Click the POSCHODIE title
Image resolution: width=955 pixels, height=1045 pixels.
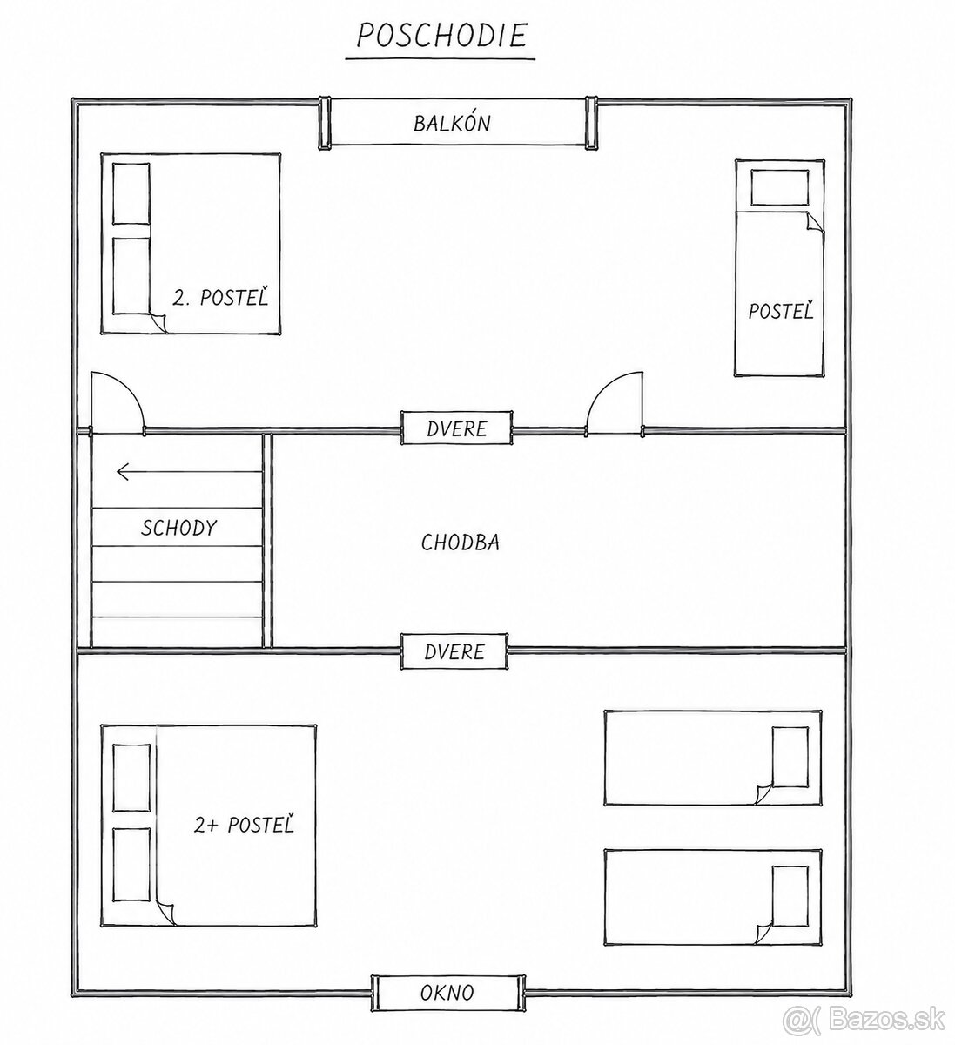441,36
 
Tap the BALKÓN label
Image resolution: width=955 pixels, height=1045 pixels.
452,124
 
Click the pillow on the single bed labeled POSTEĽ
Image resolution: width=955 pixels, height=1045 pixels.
779,187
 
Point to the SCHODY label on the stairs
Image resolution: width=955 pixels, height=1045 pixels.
178,528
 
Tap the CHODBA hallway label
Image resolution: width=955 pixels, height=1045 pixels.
460,543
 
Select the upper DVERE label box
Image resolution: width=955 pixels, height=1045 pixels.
456,428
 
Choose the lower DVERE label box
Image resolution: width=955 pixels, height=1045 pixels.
454,651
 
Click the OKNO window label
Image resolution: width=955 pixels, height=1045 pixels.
447,993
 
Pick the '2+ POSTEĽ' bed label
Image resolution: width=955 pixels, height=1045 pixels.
244,825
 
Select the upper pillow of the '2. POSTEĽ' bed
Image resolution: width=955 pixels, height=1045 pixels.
131,193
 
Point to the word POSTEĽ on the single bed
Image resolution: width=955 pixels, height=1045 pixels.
781,311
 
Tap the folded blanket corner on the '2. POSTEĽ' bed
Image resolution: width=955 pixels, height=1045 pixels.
158,322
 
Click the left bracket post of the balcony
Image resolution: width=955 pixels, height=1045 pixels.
324,123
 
